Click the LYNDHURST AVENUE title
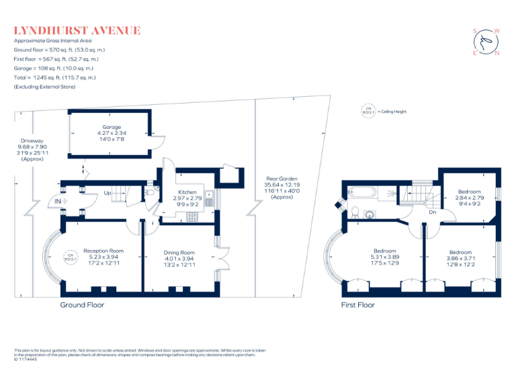pyautogui.click(x=77, y=30)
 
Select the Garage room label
pyautogui.click(x=112, y=127)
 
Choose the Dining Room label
pyautogui.click(x=179, y=253)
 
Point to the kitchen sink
pyautogui.click(x=210, y=200)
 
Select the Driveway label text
pyautogui.click(x=32, y=142)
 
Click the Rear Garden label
pyautogui.click(x=277, y=179)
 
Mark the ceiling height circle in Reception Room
pyautogui.click(x=70, y=255)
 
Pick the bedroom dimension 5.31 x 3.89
pyautogui.click(x=385, y=256)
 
